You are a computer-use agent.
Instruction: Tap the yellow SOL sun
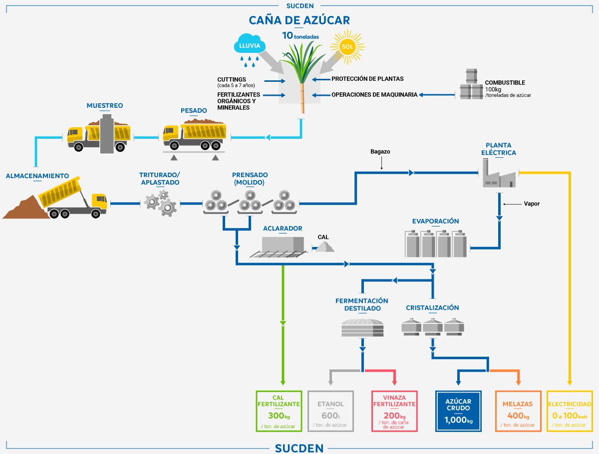coord(347,46)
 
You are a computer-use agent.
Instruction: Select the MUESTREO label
coord(105,106)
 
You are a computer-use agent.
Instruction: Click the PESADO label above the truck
coord(194,110)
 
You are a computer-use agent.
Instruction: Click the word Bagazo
coord(380,152)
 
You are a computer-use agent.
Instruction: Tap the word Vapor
coord(532,204)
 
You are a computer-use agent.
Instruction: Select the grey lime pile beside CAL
coord(325,246)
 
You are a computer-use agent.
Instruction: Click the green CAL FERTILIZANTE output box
coord(279,411)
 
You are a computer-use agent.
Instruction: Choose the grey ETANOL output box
coord(330,411)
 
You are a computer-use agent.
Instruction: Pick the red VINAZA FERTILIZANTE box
coord(394,411)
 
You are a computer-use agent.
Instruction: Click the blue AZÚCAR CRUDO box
coord(458,411)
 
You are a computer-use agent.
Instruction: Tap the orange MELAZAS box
coord(518,411)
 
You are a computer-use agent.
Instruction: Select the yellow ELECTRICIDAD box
coord(570,411)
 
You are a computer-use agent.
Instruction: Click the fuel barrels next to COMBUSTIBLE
coord(471,84)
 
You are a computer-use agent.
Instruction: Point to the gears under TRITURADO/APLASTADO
coord(160,204)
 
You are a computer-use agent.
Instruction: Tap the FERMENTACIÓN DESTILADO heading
coord(362,304)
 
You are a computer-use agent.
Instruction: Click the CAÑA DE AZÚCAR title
coord(299,20)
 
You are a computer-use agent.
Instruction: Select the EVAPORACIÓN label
coord(436,221)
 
